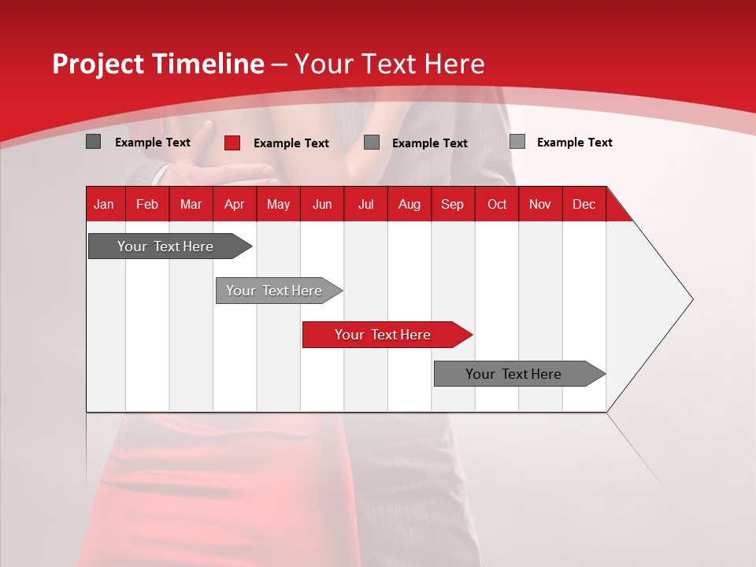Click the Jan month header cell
point(105,204)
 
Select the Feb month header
point(147,204)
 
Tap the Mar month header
point(191,204)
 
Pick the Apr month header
point(235,204)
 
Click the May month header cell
point(278,204)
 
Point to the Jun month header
point(322,204)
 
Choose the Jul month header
point(365,204)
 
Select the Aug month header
point(409,204)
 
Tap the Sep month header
point(453,204)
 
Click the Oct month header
point(497,204)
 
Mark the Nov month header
point(540,204)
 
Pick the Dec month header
point(584,204)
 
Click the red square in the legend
point(232,143)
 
